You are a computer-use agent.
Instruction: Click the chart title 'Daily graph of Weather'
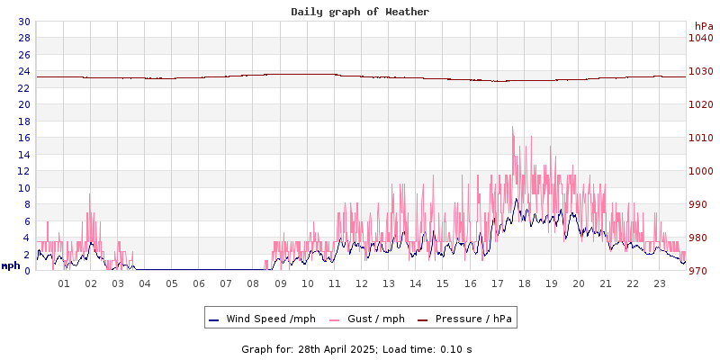click(360, 12)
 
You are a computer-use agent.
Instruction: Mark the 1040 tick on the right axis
click(701, 38)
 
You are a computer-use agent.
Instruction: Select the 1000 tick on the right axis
click(701, 171)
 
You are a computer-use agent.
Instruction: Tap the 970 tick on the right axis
click(701, 271)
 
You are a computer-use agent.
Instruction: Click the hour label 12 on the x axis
click(362, 283)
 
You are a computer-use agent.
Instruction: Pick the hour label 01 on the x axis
click(64, 283)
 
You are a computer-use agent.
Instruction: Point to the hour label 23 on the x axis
click(660, 283)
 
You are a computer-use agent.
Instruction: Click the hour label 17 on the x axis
click(497, 283)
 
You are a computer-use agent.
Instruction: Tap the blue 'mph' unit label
click(11, 265)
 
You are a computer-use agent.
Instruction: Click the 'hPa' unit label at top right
click(703, 26)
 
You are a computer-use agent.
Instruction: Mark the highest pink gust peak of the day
click(513, 127)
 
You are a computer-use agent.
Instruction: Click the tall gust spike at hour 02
click(90, 194)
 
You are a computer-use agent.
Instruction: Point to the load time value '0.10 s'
click(455, 349)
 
